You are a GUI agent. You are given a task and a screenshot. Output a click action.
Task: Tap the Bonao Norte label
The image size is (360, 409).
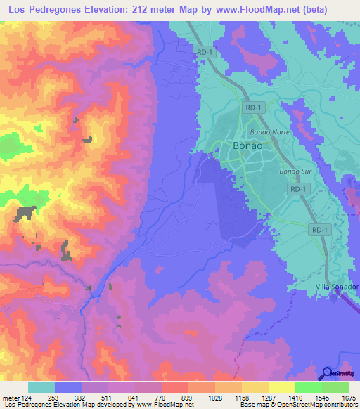(266, 131)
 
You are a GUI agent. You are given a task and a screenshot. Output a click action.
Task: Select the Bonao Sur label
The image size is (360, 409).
(294, 171)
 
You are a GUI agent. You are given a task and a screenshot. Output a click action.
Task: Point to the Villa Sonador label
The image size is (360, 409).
(336, 287)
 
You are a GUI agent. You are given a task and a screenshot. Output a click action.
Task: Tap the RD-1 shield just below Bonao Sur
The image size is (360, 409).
(299, 190)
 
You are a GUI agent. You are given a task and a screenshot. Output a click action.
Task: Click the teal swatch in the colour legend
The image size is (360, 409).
(41, 387)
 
